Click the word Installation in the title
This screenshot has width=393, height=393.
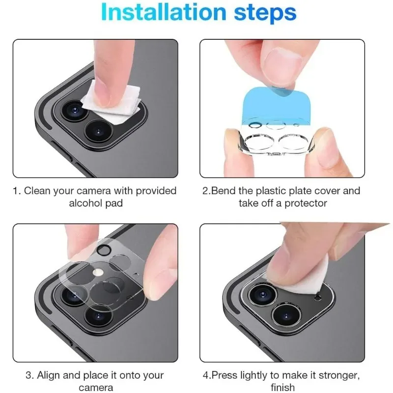(x=164, y=12)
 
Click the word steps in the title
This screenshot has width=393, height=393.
(x=265, y=14)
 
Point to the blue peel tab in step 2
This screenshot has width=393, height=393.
(x=276, y=105)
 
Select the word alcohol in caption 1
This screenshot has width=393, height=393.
(x=85, y=203)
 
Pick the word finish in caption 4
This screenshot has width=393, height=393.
(x=282, y=387)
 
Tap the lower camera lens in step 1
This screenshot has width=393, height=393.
(x=99, y=132)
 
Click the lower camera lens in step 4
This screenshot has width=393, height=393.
(x=286, y=316)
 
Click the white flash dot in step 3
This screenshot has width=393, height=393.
(x=98, y=272)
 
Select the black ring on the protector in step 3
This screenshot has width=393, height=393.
(x=104, y=250)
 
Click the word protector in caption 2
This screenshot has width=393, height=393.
(x=306, y=203)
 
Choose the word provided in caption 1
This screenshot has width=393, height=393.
(x=156, y=191)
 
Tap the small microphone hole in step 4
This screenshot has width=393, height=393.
(x=318, y=298)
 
